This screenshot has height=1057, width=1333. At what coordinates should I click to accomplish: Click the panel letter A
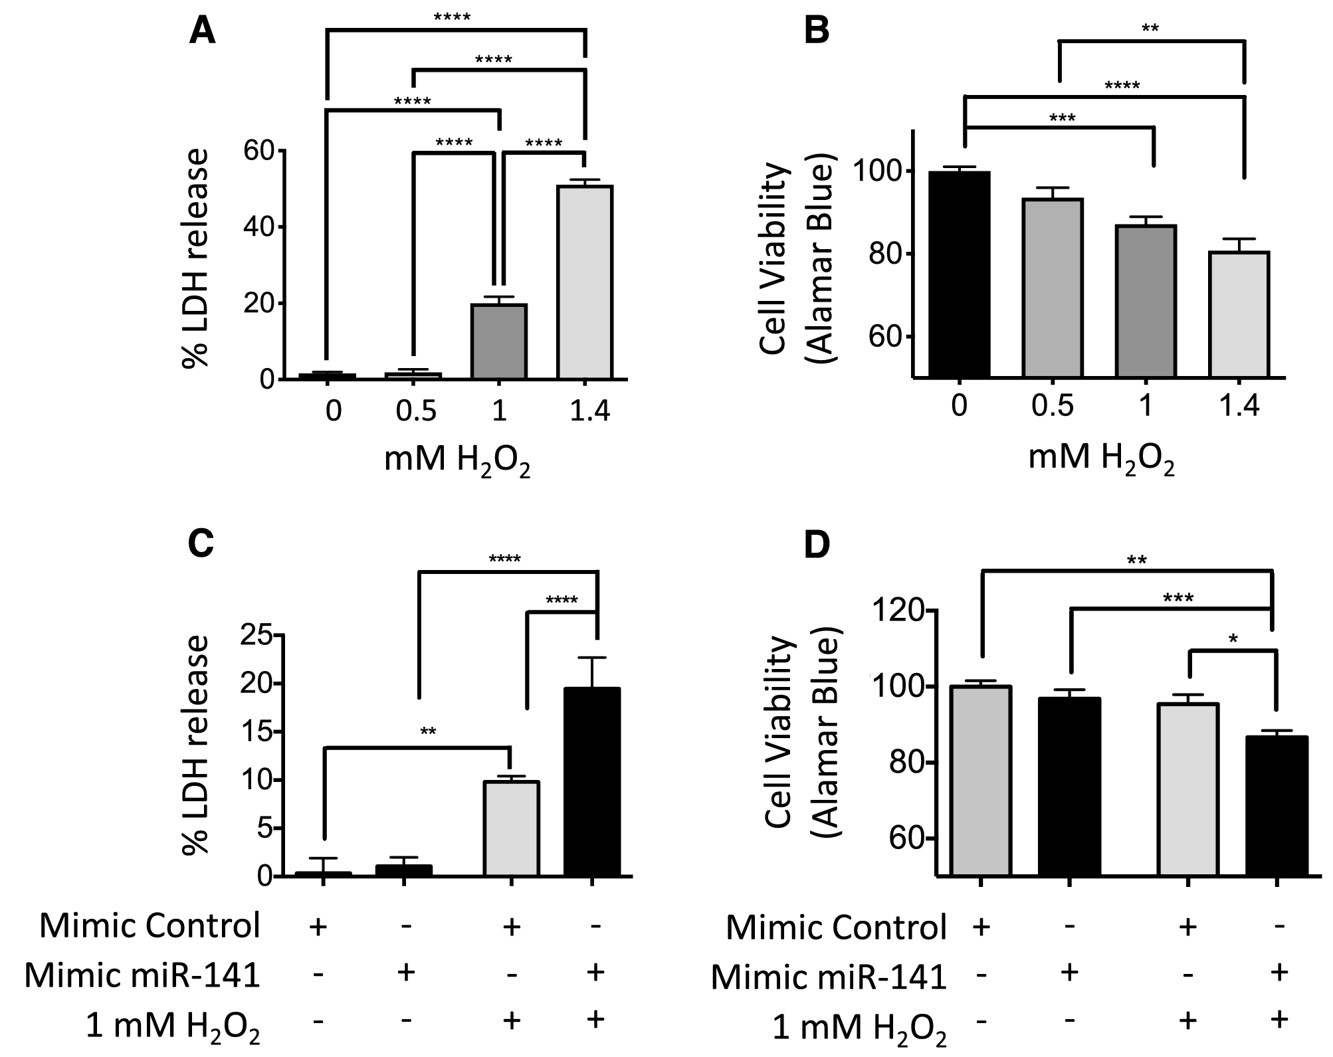[202, 31]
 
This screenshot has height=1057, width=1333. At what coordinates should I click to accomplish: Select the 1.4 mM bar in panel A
[584, 282]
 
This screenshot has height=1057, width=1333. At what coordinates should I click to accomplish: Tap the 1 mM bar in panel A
[499, 341]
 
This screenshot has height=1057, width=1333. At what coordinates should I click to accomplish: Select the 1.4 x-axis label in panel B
[1239, 406]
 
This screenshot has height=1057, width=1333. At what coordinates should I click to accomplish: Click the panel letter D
[817, 545]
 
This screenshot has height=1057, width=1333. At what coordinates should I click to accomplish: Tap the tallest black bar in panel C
[591, 782]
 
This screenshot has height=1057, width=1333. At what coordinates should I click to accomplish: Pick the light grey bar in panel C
[511, 828]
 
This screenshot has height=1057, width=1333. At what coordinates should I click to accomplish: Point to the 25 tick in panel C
[258, 636]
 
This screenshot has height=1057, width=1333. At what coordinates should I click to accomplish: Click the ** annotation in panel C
[428, 733]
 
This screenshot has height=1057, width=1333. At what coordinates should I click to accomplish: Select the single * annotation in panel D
[1233, 640]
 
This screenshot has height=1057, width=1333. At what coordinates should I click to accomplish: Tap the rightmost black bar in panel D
[1276, 805]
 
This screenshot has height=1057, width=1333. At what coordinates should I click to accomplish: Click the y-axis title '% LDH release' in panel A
[196, 259]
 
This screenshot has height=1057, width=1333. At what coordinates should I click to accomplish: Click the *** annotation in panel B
[1062, 119]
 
